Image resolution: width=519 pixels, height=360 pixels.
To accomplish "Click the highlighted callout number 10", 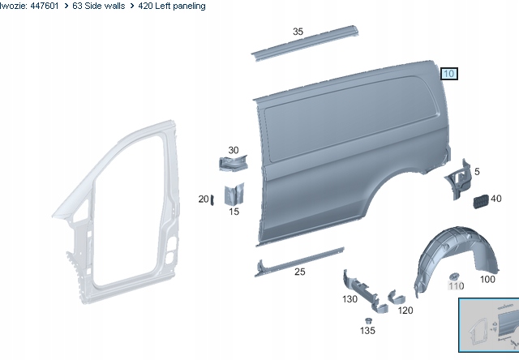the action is [x=448, y=74].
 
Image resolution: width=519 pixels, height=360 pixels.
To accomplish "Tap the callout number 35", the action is [x=298, y=32].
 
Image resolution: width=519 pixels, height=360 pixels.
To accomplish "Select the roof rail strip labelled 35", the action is [x=305, y=43].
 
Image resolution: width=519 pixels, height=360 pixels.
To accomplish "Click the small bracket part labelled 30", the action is [x=234, y=163].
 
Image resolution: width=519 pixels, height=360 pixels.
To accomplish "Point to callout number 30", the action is [x=234, y=150].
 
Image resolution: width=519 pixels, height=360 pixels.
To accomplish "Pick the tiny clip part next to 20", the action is [x=212, y=199].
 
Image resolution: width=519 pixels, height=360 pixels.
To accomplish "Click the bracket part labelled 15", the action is [x=234, y=194].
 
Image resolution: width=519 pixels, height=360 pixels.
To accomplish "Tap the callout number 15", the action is [x=234, y=212].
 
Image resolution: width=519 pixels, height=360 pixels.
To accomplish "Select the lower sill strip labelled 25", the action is [x=299, y=262].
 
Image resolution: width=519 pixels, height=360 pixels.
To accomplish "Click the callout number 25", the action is [x=299, y=272].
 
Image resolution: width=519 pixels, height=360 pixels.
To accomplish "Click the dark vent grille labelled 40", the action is [x=481, y=202].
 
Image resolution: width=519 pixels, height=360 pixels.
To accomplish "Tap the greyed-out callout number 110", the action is [x=456, y=285].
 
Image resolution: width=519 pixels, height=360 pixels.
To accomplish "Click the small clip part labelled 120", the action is [x=397, y=297].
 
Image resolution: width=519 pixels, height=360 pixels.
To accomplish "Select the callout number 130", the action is [x=350, y=299].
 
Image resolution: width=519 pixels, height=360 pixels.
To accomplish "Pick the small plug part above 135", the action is [x=368, y=320].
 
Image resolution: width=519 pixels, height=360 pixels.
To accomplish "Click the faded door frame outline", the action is [x=116, y=212].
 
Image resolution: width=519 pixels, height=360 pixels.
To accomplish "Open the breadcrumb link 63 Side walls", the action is [x=99, y=6].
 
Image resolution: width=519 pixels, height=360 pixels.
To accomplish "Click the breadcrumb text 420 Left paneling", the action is [x=172, y=6].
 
